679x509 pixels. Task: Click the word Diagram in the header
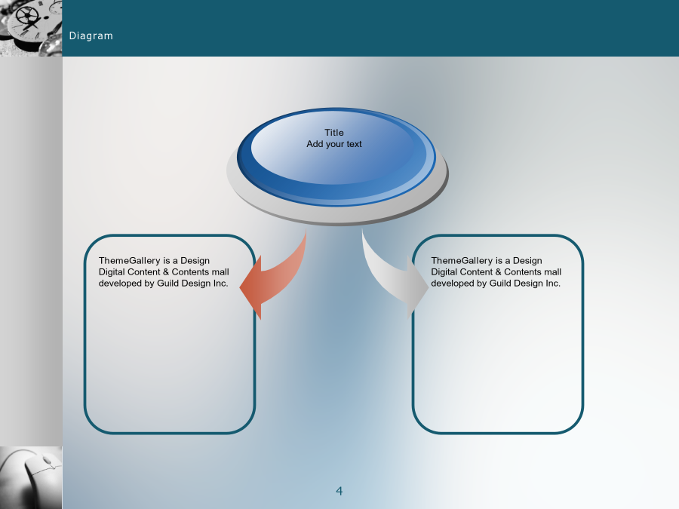(91, 36)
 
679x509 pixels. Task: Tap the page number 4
(339, 491)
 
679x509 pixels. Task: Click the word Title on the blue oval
(334, 133)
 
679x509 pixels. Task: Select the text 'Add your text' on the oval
(334, 144)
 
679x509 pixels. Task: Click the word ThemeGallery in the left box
(130, 261)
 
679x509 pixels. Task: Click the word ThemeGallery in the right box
(462, 261)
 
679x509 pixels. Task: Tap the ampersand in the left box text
(166, 271)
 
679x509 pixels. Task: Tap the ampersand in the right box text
(498, 271)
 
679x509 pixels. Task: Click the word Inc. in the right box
(553, 283)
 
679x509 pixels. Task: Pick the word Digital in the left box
(112, 271)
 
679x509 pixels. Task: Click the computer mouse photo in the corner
(31, 478)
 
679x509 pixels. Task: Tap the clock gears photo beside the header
(31, 28)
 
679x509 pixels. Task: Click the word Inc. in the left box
(221, 283)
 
